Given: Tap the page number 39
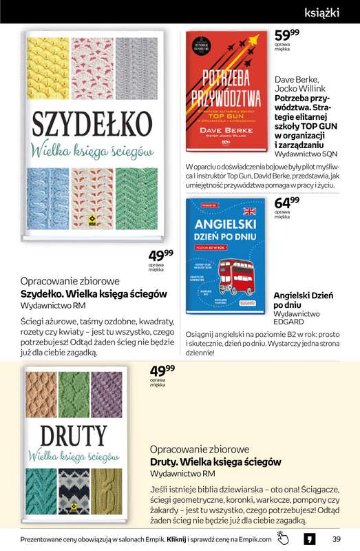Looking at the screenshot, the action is tap(336, 539).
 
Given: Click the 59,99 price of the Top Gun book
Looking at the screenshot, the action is tap(286, 36).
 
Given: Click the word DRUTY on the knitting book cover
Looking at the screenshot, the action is tap(67, 435).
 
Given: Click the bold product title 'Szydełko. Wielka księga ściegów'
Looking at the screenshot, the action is tap(94, 293).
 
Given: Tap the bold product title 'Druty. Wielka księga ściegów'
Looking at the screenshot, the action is tap(215, 461).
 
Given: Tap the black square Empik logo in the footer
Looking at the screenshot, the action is tap(310, 538).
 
